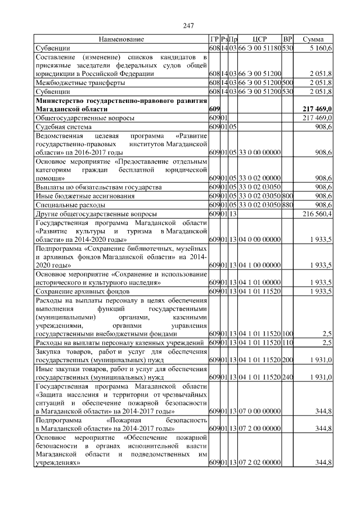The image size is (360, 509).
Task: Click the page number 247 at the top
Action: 188,25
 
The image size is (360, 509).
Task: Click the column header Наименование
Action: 121,39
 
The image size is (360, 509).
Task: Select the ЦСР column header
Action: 259,39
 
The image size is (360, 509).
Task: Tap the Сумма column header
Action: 313,39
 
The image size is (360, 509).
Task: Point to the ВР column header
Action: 287,39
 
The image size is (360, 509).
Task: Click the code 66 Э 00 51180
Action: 259,48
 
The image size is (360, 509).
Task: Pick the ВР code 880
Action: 287,205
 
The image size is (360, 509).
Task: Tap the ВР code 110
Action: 287,343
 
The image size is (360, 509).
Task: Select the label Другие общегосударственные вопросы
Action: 89,214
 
